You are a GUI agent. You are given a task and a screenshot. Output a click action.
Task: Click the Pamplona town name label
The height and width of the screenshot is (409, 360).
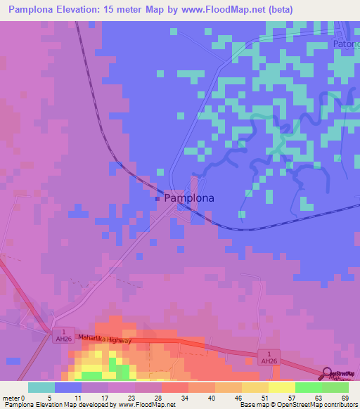click(189, 199)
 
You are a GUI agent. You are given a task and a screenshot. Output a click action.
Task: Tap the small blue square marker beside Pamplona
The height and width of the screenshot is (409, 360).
click(157, 199)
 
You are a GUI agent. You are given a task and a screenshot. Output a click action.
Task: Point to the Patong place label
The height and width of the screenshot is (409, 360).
click(345, 44)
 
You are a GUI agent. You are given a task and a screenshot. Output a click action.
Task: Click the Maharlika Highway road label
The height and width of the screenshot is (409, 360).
click(105, 337)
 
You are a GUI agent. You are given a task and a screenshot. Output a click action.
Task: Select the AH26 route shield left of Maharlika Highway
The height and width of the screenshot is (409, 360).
click(64, 335)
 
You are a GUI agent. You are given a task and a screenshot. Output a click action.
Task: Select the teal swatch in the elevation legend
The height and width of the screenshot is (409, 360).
click(41, 387)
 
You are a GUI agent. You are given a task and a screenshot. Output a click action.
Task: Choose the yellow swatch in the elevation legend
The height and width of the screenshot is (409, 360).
click(281, 387)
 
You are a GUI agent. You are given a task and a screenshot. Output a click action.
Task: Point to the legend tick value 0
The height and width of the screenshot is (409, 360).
click(28, 397)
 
